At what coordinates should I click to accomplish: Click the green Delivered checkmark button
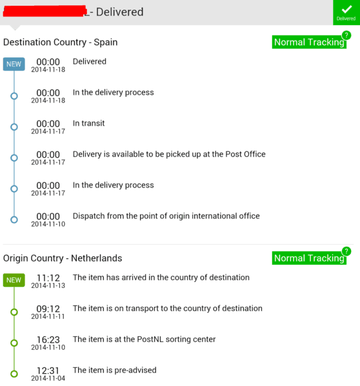pyautogui.click(x=346, y=12)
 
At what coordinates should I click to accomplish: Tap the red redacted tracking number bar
pyautogui.click(x=45, y=12)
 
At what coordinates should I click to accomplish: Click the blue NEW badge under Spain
pyautogui.click(x=14, y=64)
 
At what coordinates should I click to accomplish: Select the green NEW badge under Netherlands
pyautogui.click(x=14, y=280)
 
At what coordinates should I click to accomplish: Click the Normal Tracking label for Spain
pyautogui.click(x=309, y=42)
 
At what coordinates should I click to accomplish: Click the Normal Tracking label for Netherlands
pyautogui.click(x=309, y=258)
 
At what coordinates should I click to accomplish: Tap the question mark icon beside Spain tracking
pyautogui.click(x=346, y=35)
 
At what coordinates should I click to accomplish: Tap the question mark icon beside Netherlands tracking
pyautogui.click(x=346, y=251)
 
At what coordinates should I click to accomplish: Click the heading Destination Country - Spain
pyautogui.click(x=61, y=42)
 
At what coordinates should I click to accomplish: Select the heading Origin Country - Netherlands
pyautogui.click(x=63, y=258)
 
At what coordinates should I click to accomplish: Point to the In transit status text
pyautogui.click(x=88, y=123)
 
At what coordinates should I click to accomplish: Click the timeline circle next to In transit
pyautogui.click(x=14, y=127)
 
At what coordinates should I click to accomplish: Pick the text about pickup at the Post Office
pyautogui.click(x=169, y=155)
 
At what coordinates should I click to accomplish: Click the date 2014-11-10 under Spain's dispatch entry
pyautogui.click(x=48, y=224)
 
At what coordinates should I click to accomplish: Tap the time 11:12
pyautogui.click(x=48, y=278)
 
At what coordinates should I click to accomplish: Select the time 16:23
pyautogui.click(x=48, y=340)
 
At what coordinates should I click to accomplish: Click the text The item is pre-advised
pyautogui.click(x=115, y=371)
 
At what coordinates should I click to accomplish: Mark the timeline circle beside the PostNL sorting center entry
pyautogui.click(x=14, y=343)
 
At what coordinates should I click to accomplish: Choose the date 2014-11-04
pyautogui.click(x=48, y=378)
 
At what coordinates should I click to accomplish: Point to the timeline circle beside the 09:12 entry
pyautogui.click(x=14, y=312)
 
